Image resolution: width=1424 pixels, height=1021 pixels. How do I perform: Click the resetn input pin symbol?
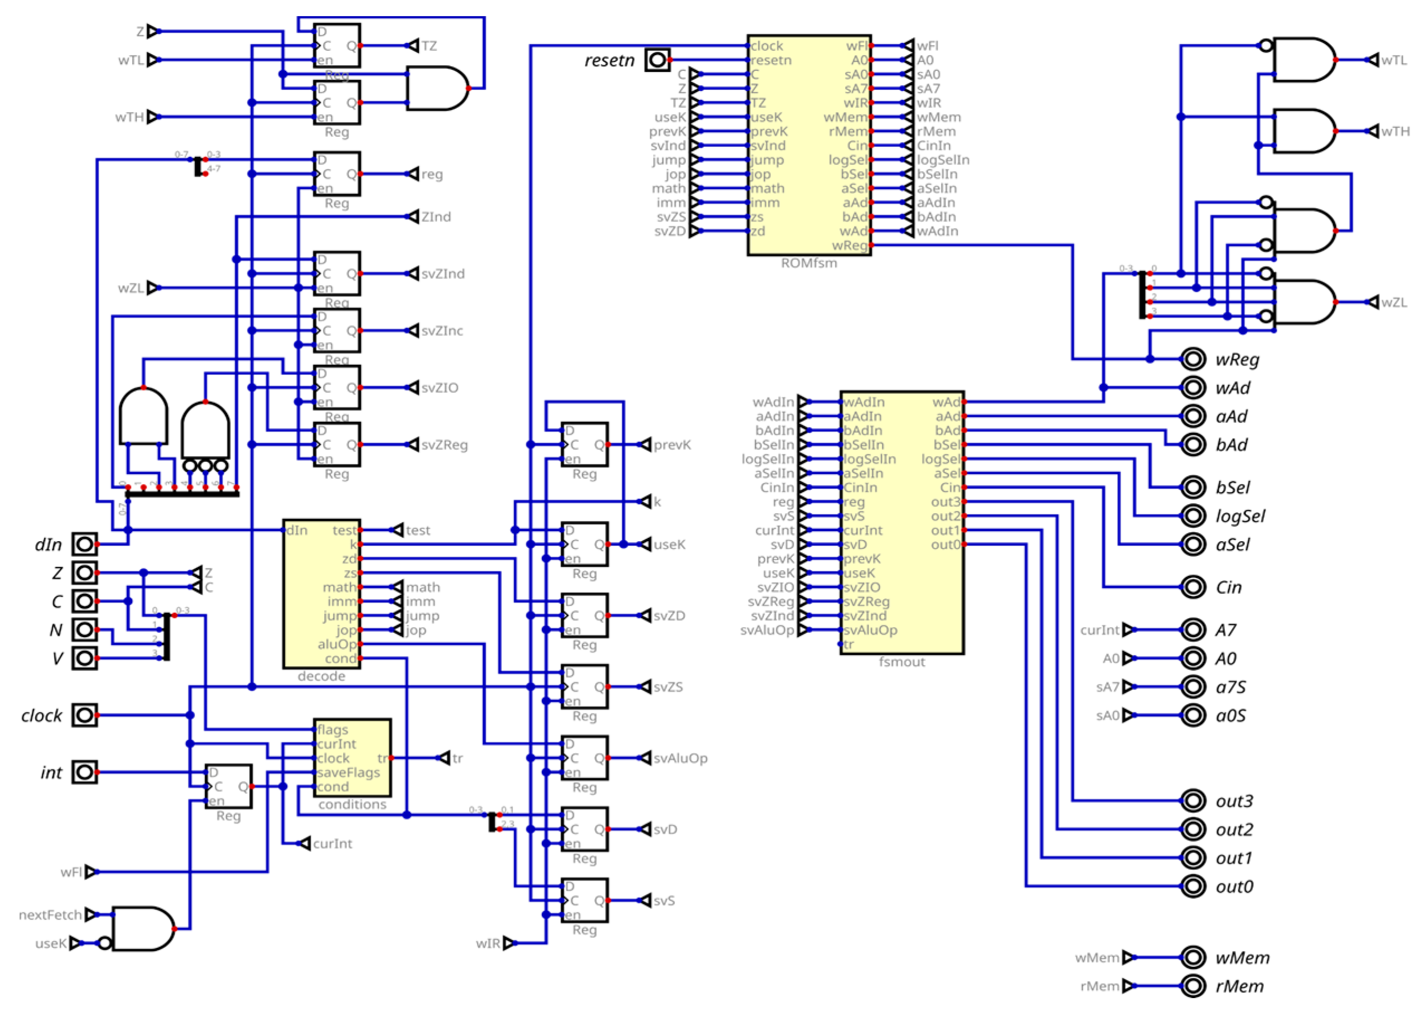(x=657, y=60)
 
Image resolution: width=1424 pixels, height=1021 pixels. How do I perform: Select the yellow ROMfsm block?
(x=809, y=145)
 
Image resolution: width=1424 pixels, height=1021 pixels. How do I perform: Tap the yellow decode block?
(x=321, y=594)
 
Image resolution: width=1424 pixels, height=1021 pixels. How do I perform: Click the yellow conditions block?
(x=352, y=757)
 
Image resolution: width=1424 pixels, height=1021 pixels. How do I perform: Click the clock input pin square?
(x=84, y=715)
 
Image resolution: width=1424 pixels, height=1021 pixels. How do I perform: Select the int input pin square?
(x=84, y=772)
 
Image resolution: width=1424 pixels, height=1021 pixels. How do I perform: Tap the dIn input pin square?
(x=84, y=544)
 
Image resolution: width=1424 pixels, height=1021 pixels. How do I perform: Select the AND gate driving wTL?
(x=1304, y=60)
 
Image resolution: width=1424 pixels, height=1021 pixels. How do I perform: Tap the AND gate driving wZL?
(x=1304, y=302)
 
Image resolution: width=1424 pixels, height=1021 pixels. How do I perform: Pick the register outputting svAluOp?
(x=584, y=758)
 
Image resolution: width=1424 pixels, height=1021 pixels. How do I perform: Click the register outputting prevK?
(x=584, y=445)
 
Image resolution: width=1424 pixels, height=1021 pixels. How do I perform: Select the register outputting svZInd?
(x=336, y=274)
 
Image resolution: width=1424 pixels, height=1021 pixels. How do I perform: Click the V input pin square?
(x=84, y=658)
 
